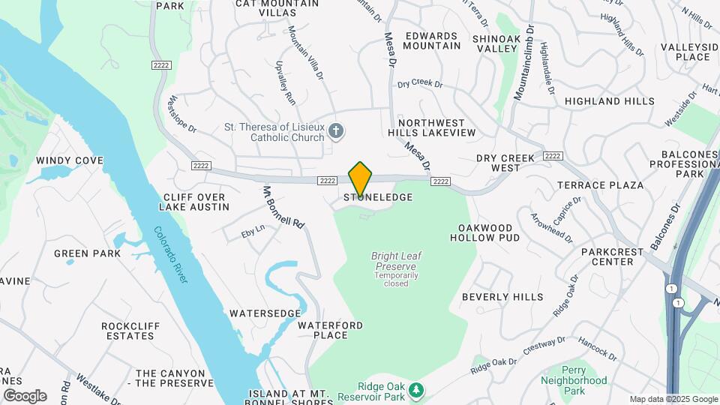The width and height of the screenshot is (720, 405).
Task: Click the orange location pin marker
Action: (360, 179)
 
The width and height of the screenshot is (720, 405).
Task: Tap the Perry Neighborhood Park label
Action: (574, 380)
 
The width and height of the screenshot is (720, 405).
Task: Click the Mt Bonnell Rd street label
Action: (284, 208)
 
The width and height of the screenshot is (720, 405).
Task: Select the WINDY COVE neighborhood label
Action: (69, 160)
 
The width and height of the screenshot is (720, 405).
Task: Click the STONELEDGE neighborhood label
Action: (379, 197)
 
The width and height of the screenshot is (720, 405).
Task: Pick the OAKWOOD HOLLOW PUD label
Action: (485, 232)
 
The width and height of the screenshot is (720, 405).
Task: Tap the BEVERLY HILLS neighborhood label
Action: (502, 297)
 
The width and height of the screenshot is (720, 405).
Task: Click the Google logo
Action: (25, 395)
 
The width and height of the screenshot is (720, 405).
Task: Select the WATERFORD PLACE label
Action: (330, 330)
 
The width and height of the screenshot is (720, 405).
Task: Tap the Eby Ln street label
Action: (253, 229)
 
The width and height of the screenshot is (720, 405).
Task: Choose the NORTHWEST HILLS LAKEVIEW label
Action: (437, 127)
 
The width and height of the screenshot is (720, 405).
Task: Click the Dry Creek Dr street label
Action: (421, 85)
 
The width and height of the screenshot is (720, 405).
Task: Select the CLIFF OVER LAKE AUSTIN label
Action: (194, 202)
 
